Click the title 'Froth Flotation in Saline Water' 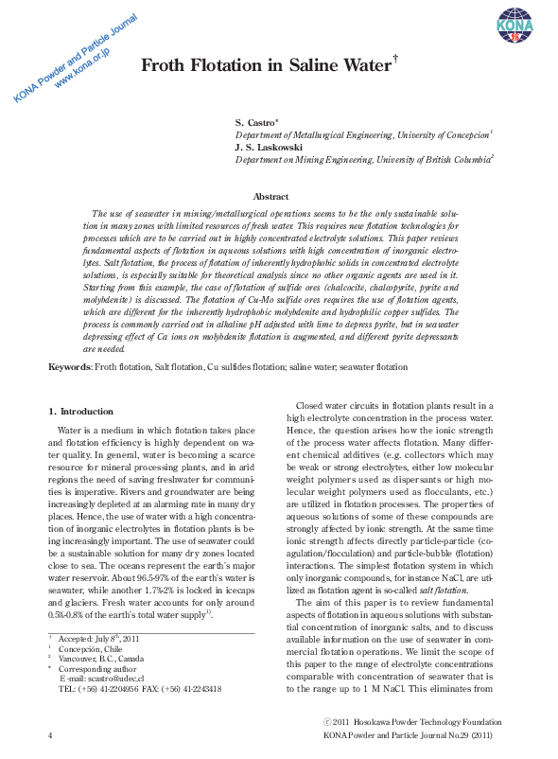(268, 65)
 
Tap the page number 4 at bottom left (50, 734)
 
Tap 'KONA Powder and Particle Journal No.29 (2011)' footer (407, 734)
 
